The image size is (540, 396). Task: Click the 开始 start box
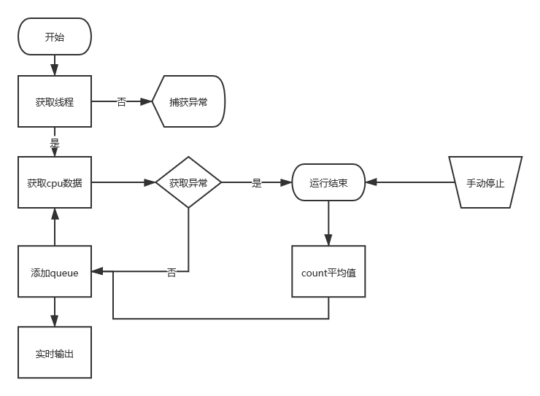coord(55,36)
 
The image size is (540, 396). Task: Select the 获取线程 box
coord(55,102)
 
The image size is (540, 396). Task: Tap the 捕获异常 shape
coord(189,102)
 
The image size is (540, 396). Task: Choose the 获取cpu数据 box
coord(55,182)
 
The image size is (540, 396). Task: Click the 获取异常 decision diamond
coord(188,182)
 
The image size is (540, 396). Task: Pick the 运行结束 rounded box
coord(328,182)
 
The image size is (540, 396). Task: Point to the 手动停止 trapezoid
coord(485,182)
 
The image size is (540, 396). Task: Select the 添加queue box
coord(55,272)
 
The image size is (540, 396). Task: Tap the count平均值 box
coord(328,272)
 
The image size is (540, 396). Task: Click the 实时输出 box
coord(55,353)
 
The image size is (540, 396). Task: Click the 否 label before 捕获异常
coord(122,102)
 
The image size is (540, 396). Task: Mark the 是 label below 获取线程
coord(55,142)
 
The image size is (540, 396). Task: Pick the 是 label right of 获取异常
coord(257,182)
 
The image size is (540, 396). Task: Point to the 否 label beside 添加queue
coord(171,272)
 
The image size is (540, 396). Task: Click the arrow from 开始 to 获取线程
coord(55,65)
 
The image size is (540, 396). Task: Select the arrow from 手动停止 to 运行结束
coord(409,182)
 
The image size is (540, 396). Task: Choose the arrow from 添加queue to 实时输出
coord(55,312)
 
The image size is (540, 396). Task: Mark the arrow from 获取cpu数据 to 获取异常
coord(124,182)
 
